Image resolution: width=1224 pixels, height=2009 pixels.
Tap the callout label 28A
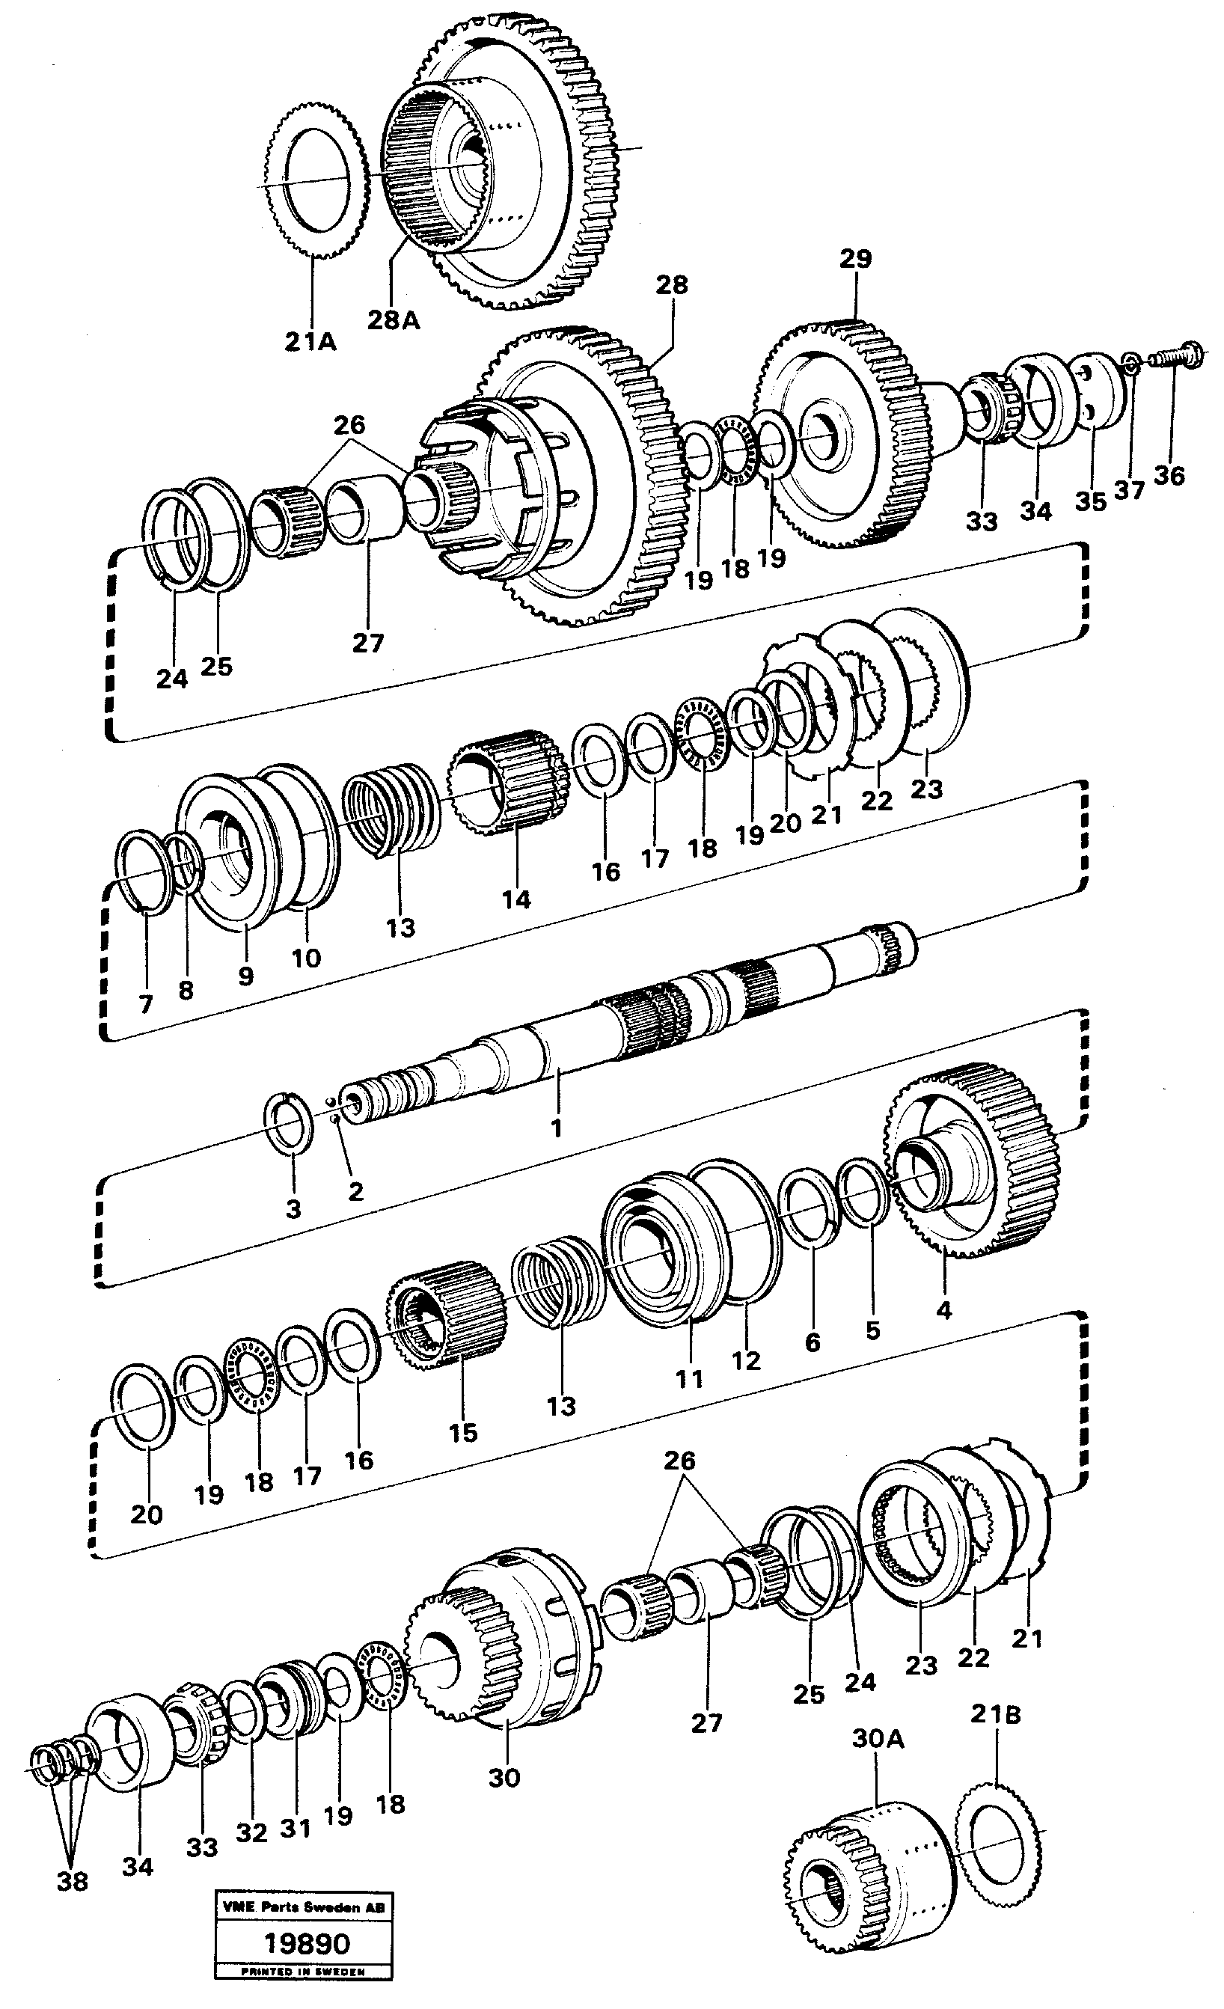[393, 320]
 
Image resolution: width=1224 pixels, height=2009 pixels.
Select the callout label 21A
[310, 343]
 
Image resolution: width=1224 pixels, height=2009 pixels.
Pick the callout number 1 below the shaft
[556, 1129]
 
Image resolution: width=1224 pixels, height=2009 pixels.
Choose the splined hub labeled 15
[446, 1324]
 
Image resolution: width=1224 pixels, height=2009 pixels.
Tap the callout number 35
[1090, 501]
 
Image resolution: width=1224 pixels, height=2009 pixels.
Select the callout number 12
[745, 1360]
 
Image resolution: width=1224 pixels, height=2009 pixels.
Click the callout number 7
[145, 1004]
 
